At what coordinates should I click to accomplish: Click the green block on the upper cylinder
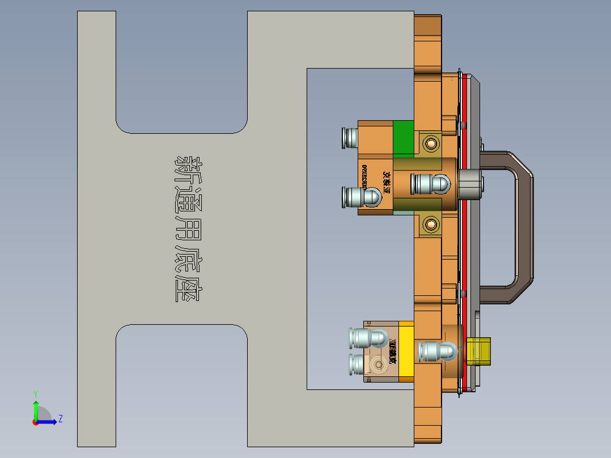click(403, 139)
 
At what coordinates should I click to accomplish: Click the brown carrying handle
click(524, 227)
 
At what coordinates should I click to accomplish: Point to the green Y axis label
click(35, 393)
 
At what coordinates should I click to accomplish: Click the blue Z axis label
click(60, 419)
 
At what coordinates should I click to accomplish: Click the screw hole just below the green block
click(431, 143)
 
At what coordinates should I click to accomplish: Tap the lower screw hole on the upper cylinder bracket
click(431, 226)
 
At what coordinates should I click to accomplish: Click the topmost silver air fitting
click(349, 138)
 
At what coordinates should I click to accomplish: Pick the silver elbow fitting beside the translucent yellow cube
click(436, 351)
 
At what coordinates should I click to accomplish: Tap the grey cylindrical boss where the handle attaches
click(471, 184)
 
